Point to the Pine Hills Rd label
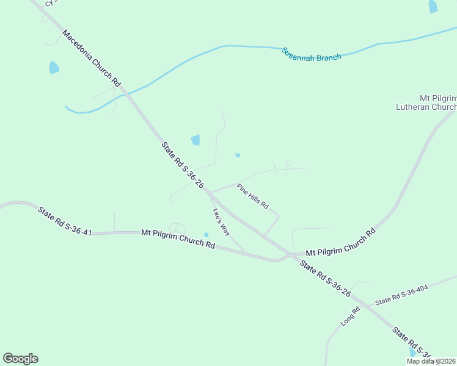coord(253,196)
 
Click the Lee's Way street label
coord(221,222)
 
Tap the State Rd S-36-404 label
coord(402,295)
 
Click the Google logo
coord(20,358)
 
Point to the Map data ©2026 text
coord(431,361)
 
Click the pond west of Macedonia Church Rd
coord(54,67)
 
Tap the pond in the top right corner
coord(433,6)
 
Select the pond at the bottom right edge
coord(412,352)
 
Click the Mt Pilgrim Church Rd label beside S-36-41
coord(178,238)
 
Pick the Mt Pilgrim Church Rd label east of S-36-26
coord(340,242)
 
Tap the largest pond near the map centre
coord(196,140)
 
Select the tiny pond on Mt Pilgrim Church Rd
coord(206,235)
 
